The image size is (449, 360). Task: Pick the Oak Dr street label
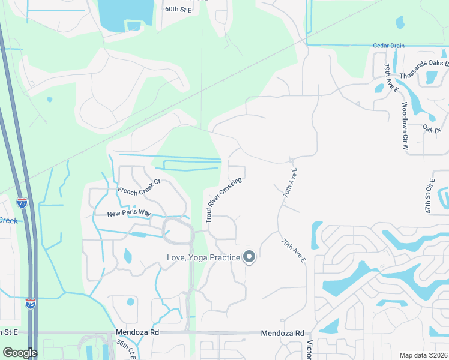point(432,128)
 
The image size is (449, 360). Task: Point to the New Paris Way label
point(129,214)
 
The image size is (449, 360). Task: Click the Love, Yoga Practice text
point(203,258)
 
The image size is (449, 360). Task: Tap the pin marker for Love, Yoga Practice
point(250,257)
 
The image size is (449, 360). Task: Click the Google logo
point(19,353)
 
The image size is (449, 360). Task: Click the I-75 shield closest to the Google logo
point(30,304)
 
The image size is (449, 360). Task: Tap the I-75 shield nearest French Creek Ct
point(22,203)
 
